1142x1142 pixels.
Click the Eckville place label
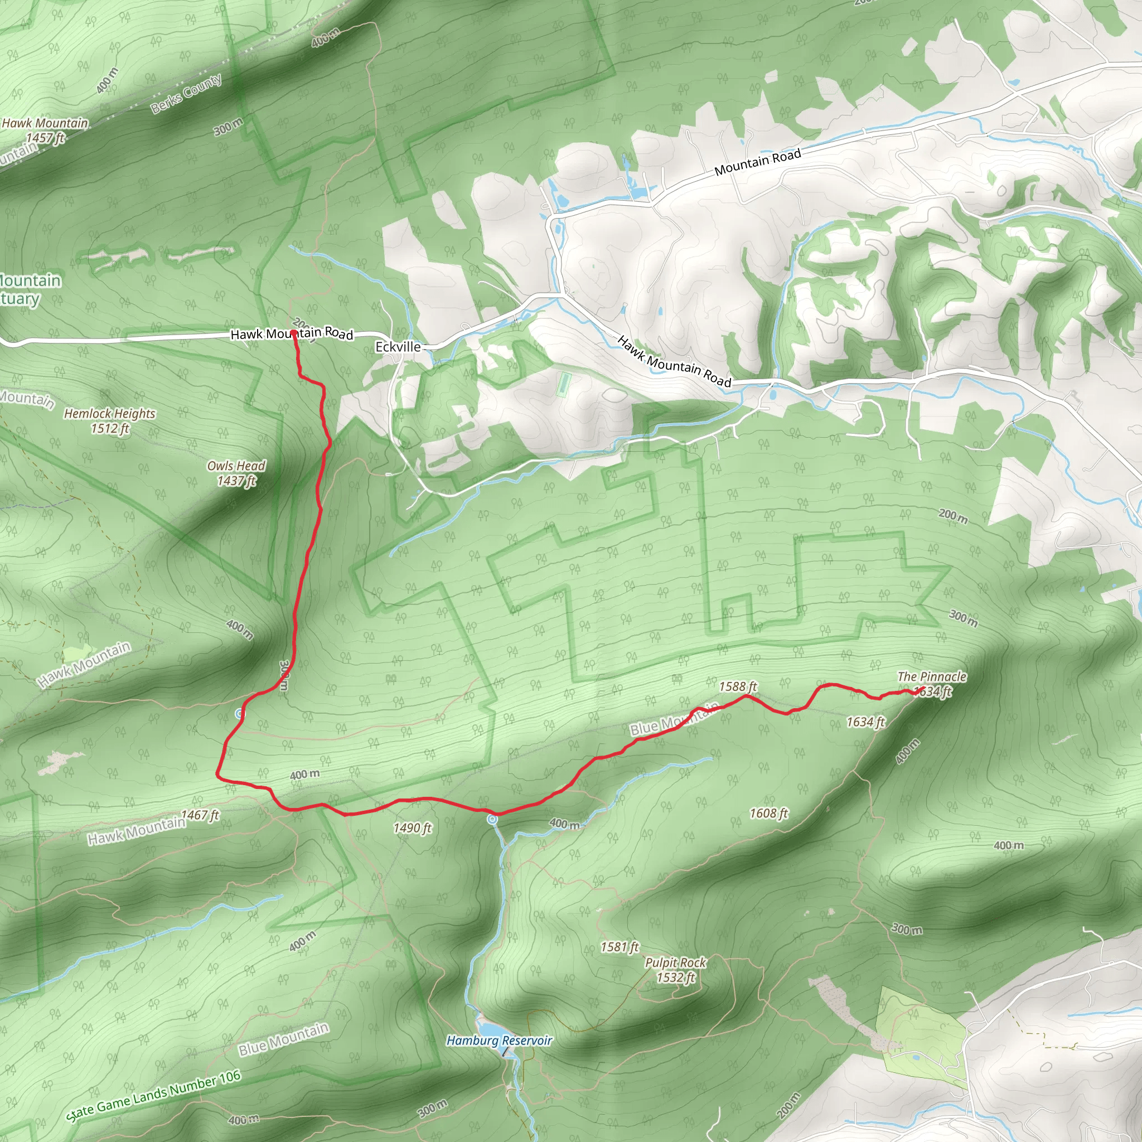pyautogui.click(x=398, y=347)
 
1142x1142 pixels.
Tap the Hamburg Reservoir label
pyautogui.click(x=499, y=1041)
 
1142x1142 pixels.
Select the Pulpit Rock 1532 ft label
pyautogui.click(x=676, y=970)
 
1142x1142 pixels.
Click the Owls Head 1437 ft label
pyautogui.click(x=236, y=473)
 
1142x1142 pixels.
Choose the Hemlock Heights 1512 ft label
pyautogui.click(x=109, y=420)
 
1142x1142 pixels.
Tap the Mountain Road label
pyautogui.click(x=757, y=161)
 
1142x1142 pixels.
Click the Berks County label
pyautogui.click(x=186, y=93)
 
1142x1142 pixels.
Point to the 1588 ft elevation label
pyautogui.click(x=738, y=687)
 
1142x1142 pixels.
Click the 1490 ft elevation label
pyautogui.click(x=413, y=828)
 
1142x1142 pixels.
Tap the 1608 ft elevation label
pyautogui.click(x=768, y=814)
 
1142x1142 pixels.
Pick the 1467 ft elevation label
pyautogui.click(x=200, y=816)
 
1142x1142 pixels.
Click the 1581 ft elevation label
pyautogui.click(x=620, y=947)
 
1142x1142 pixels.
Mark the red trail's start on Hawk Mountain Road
pyautogui.click(x=294, y=333)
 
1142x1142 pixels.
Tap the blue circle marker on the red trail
pyautogui.click(x=492, y=819)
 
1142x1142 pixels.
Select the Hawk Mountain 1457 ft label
pyautogui.click(x=45, y=130)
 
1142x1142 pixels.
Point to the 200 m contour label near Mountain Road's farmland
pyautogui.click(x=953, y=516)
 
